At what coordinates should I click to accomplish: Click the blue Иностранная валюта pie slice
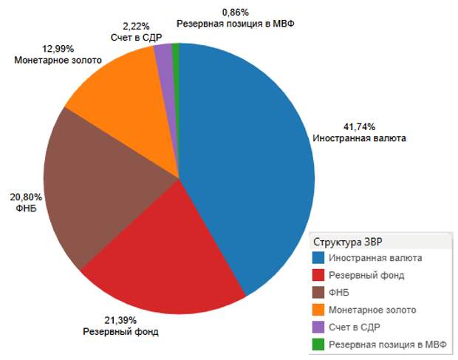(x=251, y=163)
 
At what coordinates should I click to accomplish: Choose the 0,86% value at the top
(x=236, y=13)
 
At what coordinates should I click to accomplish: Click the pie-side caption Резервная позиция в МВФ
(x=236, y=24)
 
